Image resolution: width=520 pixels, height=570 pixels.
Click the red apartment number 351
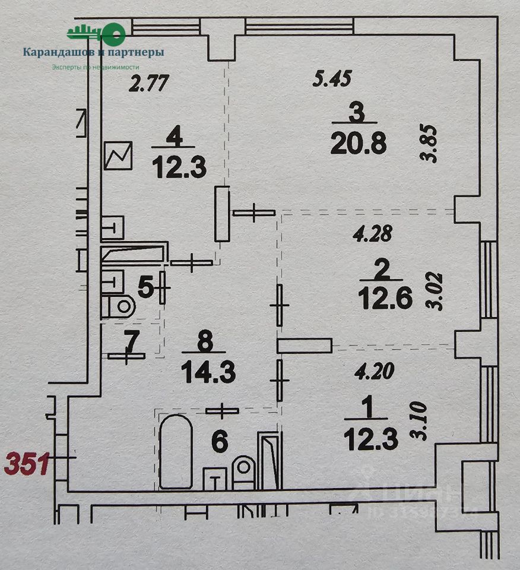click(27, 463)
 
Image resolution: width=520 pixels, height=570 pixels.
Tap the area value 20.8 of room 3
click(360, 142)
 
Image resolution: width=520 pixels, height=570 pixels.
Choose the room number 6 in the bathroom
click(219, 441)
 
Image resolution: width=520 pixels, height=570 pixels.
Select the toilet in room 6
click(243, 472)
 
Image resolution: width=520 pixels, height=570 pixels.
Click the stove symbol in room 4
click(118, 156)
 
